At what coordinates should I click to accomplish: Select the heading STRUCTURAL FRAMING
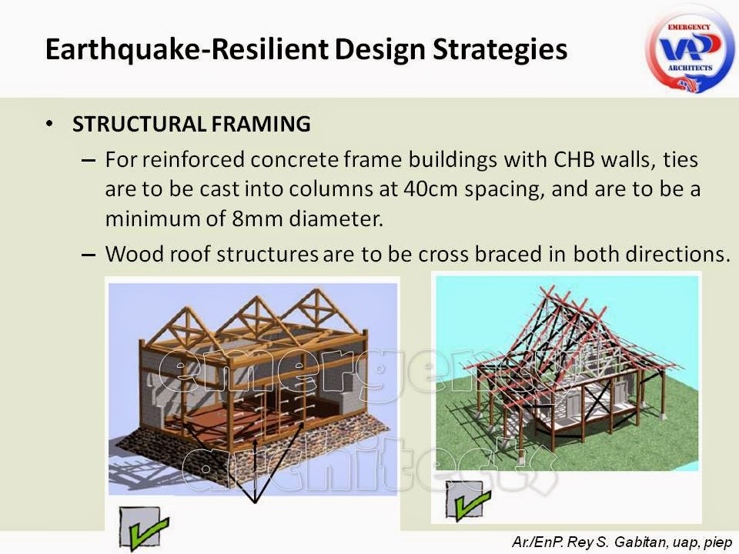click(x=192, y=124)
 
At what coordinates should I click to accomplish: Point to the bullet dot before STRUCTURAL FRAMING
click(x=50, y=124)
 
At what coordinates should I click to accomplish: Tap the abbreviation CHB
click(x=575, y=160)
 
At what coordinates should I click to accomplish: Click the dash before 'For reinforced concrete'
click(x=88, y=161)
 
